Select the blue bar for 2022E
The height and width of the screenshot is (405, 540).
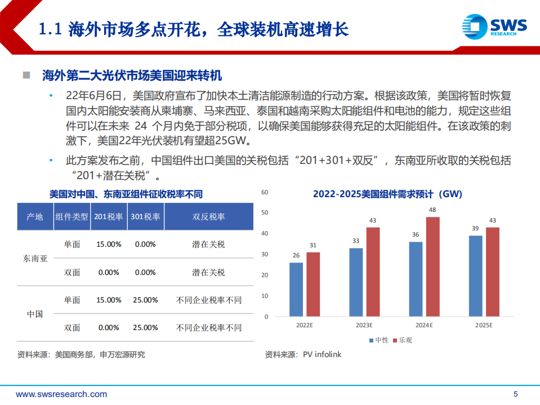coord(296,290)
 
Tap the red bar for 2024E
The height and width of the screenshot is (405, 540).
coord(432,266)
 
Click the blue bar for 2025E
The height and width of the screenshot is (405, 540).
coord(476,276)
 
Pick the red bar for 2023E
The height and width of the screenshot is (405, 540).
coord(373,272)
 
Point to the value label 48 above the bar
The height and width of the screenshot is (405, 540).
coord(432,210)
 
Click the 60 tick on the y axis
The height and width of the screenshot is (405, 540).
coord(266,192)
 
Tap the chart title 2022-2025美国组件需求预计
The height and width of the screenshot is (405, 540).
coord(387,194)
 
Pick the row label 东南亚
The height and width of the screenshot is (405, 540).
coord(35,259)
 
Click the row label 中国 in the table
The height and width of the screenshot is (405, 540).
coord(35,314)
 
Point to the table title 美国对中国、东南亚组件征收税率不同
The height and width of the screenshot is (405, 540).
coord(126,194)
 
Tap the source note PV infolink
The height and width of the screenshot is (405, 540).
coord(304,354)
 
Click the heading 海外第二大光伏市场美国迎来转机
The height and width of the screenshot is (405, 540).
coord(132,75)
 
